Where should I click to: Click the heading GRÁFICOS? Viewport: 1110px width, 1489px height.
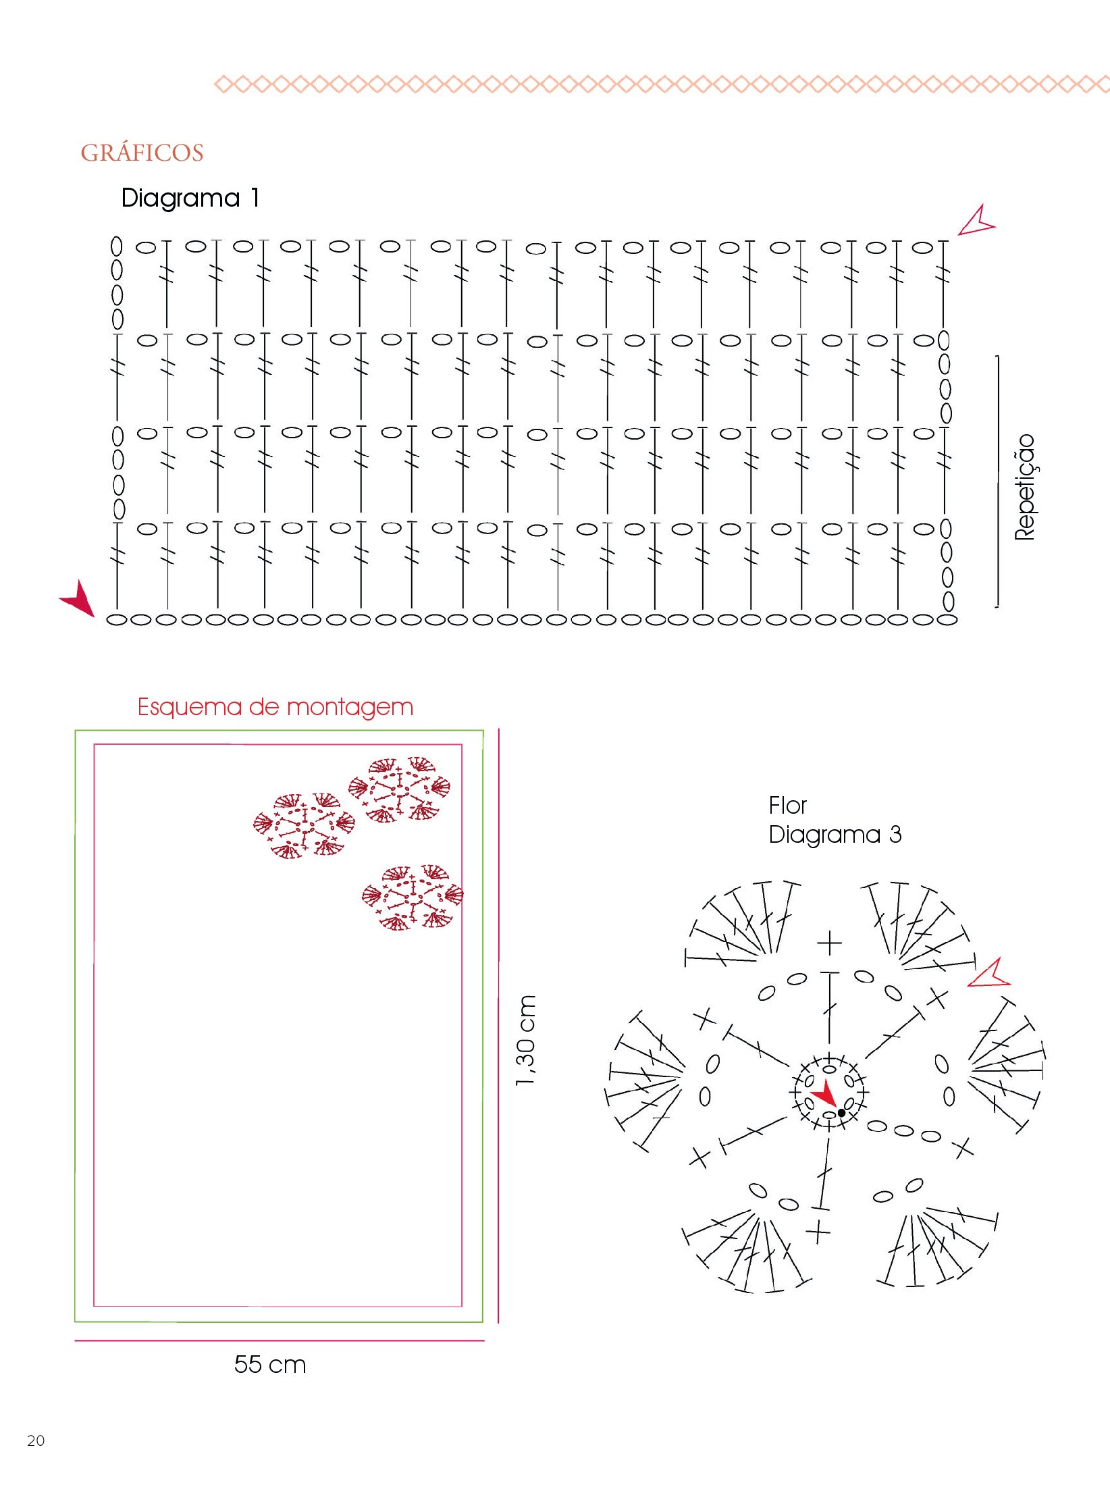[142, 153]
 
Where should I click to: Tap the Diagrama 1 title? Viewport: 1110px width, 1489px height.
[190, 198]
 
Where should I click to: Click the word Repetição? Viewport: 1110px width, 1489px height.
[1024, 486]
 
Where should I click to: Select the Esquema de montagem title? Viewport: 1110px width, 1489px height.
[275, 707]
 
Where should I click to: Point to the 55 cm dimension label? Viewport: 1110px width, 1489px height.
[270, 1364]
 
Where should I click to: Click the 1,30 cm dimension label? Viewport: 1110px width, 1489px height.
[525, 1041]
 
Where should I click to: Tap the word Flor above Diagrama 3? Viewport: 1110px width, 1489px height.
[787, 805]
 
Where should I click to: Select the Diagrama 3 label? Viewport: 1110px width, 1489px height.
[835, 835]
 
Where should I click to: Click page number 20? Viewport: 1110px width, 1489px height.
[36, 1440]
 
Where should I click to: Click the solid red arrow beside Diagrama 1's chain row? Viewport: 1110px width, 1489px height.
[79, 598]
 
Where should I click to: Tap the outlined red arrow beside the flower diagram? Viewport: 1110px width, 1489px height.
[989, 974]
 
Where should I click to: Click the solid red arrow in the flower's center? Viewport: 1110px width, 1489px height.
[824, 1092]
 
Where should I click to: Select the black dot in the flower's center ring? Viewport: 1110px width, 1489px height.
[841, 1112]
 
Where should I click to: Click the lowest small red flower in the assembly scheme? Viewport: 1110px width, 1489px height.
[413, 897]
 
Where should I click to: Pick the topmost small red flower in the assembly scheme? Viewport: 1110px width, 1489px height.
[400, 789]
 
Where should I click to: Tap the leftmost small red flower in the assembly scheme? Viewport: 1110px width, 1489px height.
[304, 825]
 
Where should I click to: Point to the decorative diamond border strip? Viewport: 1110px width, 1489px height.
[662, 84]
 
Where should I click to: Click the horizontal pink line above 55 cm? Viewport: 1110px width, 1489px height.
[280, 1340]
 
